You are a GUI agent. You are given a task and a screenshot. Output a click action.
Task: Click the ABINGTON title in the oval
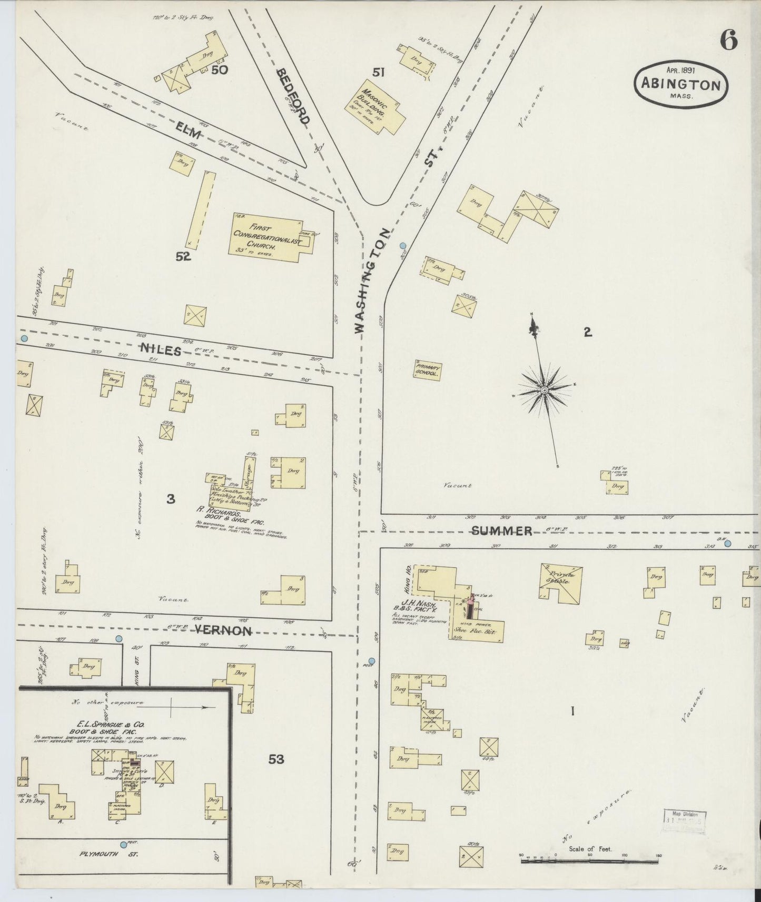point(680,85)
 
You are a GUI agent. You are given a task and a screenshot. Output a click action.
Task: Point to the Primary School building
point(428,370)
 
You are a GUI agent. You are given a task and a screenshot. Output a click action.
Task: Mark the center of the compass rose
point(544,390)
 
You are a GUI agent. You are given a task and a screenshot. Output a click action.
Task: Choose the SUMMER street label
point(501,531)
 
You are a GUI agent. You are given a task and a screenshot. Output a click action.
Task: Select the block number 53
point(276,759)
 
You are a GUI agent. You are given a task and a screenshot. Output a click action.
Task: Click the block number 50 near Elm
point(219,69)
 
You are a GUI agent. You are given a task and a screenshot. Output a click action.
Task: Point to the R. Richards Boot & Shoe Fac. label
point(226,513)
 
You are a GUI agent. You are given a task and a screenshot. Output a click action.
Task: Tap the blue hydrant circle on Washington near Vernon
point(372,661)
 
